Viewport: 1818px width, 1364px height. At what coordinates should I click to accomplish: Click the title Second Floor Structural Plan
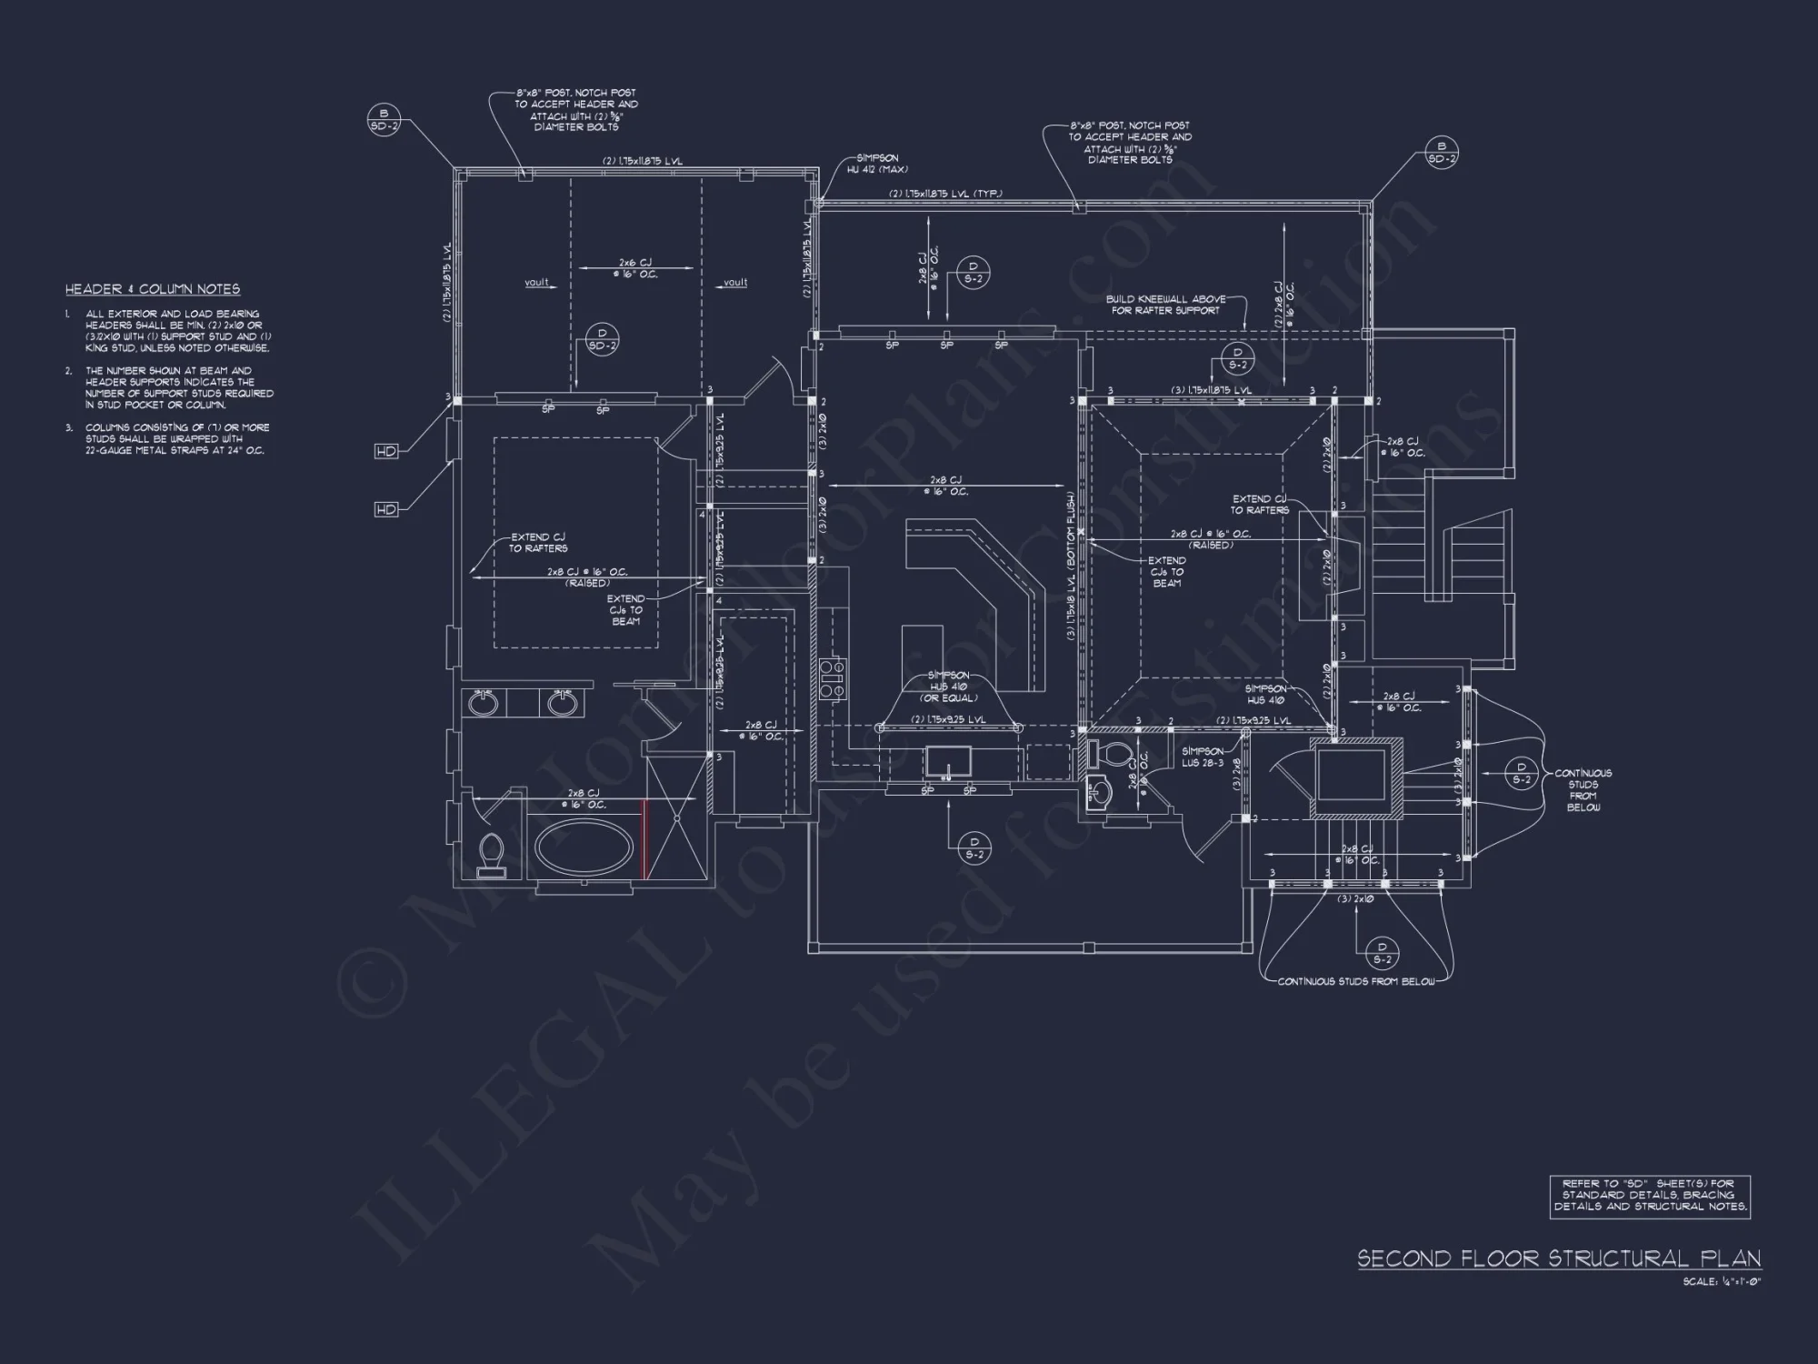[x=1559, y=1259]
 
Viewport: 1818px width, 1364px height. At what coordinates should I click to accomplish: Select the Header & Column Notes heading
[x=153, y=289]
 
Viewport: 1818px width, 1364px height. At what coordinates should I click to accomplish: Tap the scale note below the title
[x=1722, y=1281]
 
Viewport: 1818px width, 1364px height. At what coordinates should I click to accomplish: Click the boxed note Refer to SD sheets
[x=1650, y=1196]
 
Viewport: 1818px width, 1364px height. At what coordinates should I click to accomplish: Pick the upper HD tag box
[x=386, y=451]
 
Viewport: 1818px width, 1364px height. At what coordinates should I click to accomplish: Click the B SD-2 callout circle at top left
[x=384, y=120]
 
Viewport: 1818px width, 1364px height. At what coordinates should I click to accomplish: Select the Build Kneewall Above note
[x=1165, y=305]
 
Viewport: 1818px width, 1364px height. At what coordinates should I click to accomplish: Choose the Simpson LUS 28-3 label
[x=1202, y=757]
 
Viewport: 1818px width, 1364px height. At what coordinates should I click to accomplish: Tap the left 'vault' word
[x=537, y=283]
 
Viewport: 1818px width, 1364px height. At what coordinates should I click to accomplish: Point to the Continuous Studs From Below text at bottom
[x=1355, y=982]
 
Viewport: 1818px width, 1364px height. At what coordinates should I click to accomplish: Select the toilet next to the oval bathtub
[x=491, y=853]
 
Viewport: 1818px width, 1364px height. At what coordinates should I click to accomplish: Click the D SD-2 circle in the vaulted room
[x=602, y=340]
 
